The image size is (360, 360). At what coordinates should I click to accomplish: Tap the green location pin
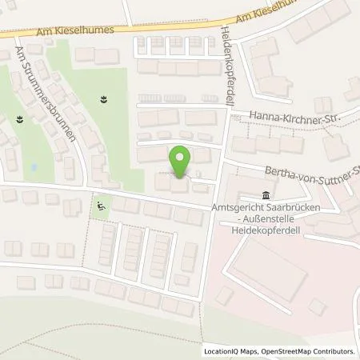point(182,162)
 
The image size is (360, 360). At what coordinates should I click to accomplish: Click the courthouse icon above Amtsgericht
point(265,196)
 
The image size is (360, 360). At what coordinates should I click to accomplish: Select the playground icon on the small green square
point(99,206)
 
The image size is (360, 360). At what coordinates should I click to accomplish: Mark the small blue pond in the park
point(33,168)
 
